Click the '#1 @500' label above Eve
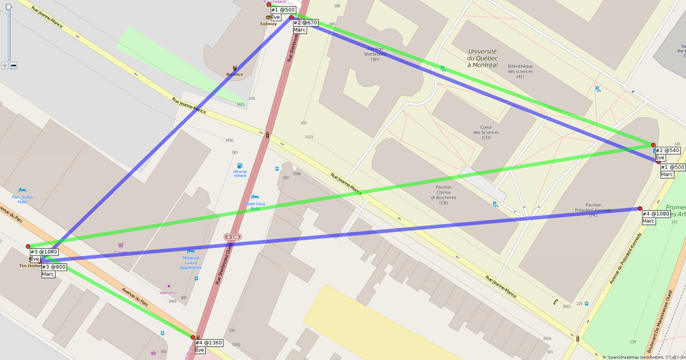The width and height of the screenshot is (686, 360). [x=283, y=10]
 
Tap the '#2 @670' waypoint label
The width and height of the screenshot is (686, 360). [x=305, y=23]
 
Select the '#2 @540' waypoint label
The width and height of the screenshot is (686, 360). [x=668, y=151]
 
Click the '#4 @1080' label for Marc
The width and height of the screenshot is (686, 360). [x=656, y=214]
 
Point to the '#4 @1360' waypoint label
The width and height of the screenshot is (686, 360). [x=208, y=343]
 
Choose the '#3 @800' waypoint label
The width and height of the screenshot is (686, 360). [x=54, y=267]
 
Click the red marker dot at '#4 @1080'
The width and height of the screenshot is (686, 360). [x=640, y=208]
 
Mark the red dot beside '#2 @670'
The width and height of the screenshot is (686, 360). [x=291, y=17]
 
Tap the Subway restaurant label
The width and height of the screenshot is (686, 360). [x=269, y=24]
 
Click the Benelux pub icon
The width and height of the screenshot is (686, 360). [x=234, y=68]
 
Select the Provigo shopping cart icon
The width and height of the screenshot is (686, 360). [x=121, y=245]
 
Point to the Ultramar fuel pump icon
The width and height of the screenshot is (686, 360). [x=240, y=166]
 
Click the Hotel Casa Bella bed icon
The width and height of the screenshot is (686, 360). [x=255, y=197]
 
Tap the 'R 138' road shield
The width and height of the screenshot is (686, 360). [x=233, y=237]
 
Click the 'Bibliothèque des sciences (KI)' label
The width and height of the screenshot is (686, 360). [x=520, y=71]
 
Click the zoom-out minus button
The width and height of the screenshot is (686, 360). [x=13, y=65]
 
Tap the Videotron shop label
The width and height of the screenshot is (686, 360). [x=169, y=292]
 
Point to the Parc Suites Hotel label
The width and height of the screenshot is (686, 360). [x=23, y=199]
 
